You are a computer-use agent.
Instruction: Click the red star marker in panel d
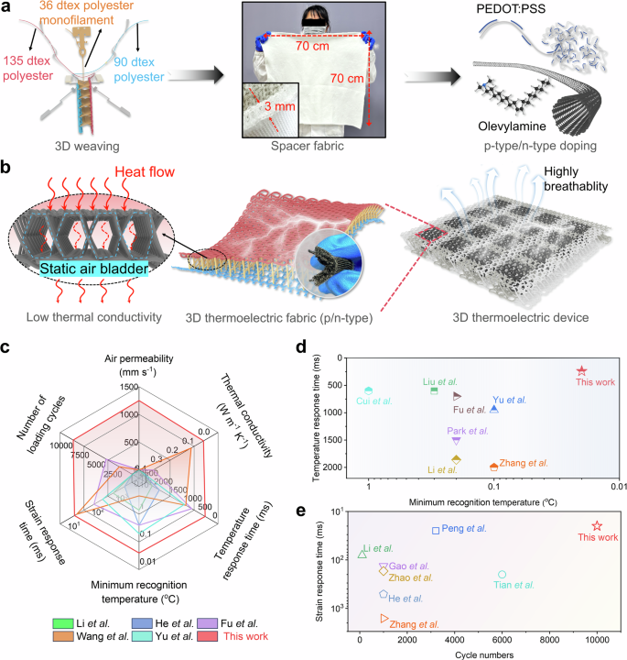coord(581,370)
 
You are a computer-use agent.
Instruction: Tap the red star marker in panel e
coord(597,526)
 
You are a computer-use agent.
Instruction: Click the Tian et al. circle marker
coord(502,575)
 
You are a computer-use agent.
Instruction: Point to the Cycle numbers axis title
coord(478,654)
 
